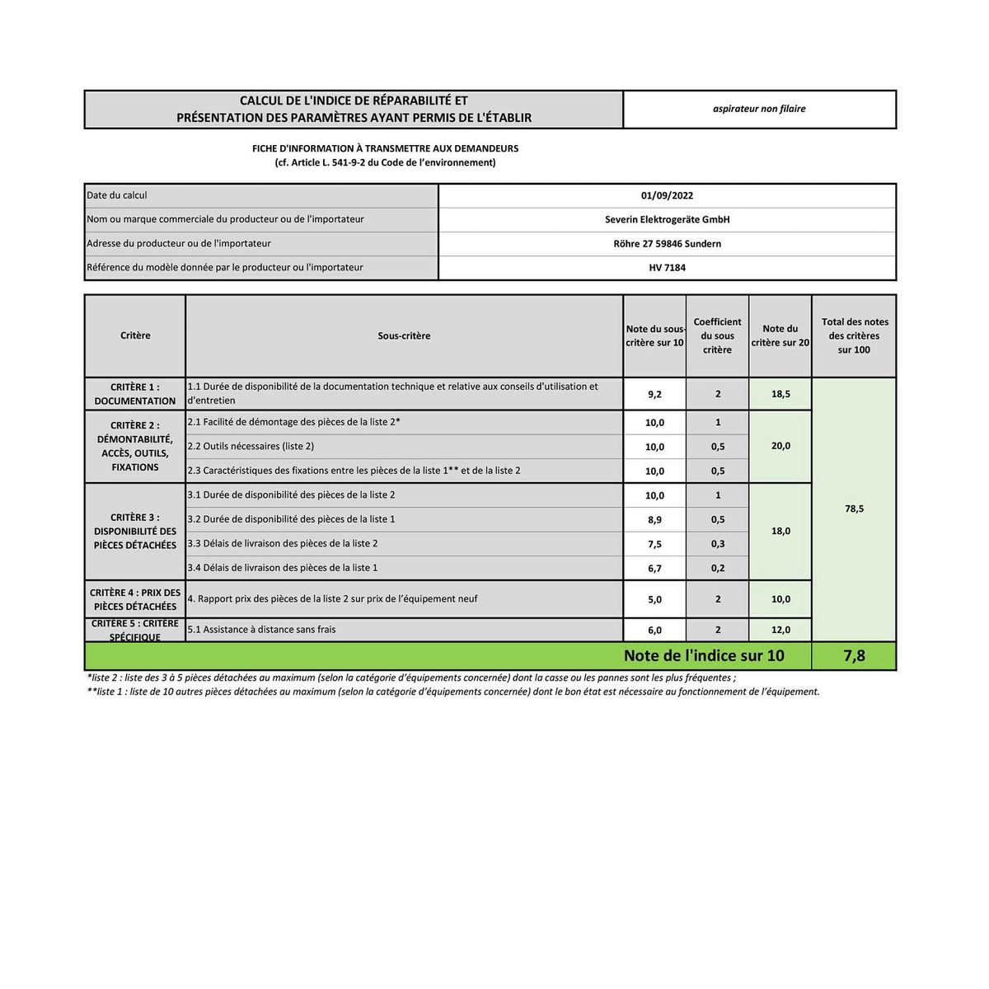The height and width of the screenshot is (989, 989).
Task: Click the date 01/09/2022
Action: tap(667, 196)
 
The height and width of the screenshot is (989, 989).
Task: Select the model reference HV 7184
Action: tap(667, 268)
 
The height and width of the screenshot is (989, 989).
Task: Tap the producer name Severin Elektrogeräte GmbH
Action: tap(667, 220)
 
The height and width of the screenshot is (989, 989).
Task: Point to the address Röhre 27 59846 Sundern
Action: tap(667, 244)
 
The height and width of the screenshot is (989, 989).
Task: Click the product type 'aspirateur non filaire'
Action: tap(759, 109)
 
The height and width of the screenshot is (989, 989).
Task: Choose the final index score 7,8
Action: tap(854, 656)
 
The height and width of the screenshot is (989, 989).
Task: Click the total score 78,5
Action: tap(854, 509)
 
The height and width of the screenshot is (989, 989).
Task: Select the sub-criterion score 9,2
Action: tap(654, 395)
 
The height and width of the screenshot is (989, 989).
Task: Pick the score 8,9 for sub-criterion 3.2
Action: tap(654, 520)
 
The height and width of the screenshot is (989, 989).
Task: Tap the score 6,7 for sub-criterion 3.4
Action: tap(654, 569)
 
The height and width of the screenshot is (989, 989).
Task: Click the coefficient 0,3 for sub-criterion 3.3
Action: tap(717, 544)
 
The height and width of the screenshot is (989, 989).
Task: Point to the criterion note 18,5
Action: tap(780, 395)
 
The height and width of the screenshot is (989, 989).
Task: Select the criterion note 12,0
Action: tap(780, 630)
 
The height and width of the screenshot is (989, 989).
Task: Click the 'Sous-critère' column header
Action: tap(404, 336)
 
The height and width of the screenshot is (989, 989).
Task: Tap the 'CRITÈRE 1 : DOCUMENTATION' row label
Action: tap(135, 394)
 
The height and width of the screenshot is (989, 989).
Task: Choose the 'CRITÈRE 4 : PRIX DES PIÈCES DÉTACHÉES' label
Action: tap(135, 599)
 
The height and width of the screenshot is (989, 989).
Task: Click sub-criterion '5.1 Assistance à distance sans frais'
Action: tap(261, 630)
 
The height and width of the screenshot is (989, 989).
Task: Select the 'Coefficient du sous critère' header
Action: tap(717, 336)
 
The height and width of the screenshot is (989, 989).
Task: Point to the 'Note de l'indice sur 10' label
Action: tap(704, 656)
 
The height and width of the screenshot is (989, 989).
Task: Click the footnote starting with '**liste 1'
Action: tap(453, 692)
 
